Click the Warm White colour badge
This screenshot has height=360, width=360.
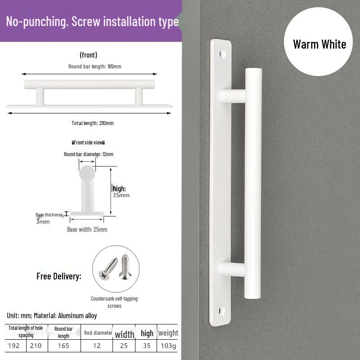click(x=319, y=44)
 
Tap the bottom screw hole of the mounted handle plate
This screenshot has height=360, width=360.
click(x=221, y=310)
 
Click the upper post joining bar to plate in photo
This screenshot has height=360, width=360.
click(x=233, y=96)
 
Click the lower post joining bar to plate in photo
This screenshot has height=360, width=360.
click(x=232, y=270)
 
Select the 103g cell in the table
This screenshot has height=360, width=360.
click(x=168, y=346)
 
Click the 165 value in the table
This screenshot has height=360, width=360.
click(x=63, y=346)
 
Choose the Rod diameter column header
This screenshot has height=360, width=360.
click(x=97, y=333)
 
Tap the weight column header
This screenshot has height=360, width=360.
click(x=168, y=333)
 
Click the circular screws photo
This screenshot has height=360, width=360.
click(x=116, y=269)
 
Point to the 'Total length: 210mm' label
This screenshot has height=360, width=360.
click(x=93, y=123)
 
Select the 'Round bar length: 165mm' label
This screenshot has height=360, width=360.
click(x=95, y=66)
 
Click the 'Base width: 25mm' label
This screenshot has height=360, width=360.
click(x=87, y=229)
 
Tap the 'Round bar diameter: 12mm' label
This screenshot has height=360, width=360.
click(x=88, y=154)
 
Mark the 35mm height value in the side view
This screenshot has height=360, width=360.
click(x=121, y=195)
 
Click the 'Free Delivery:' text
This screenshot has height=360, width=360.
click(x=59, y=276)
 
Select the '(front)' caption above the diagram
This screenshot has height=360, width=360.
click(x=88, y=55)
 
